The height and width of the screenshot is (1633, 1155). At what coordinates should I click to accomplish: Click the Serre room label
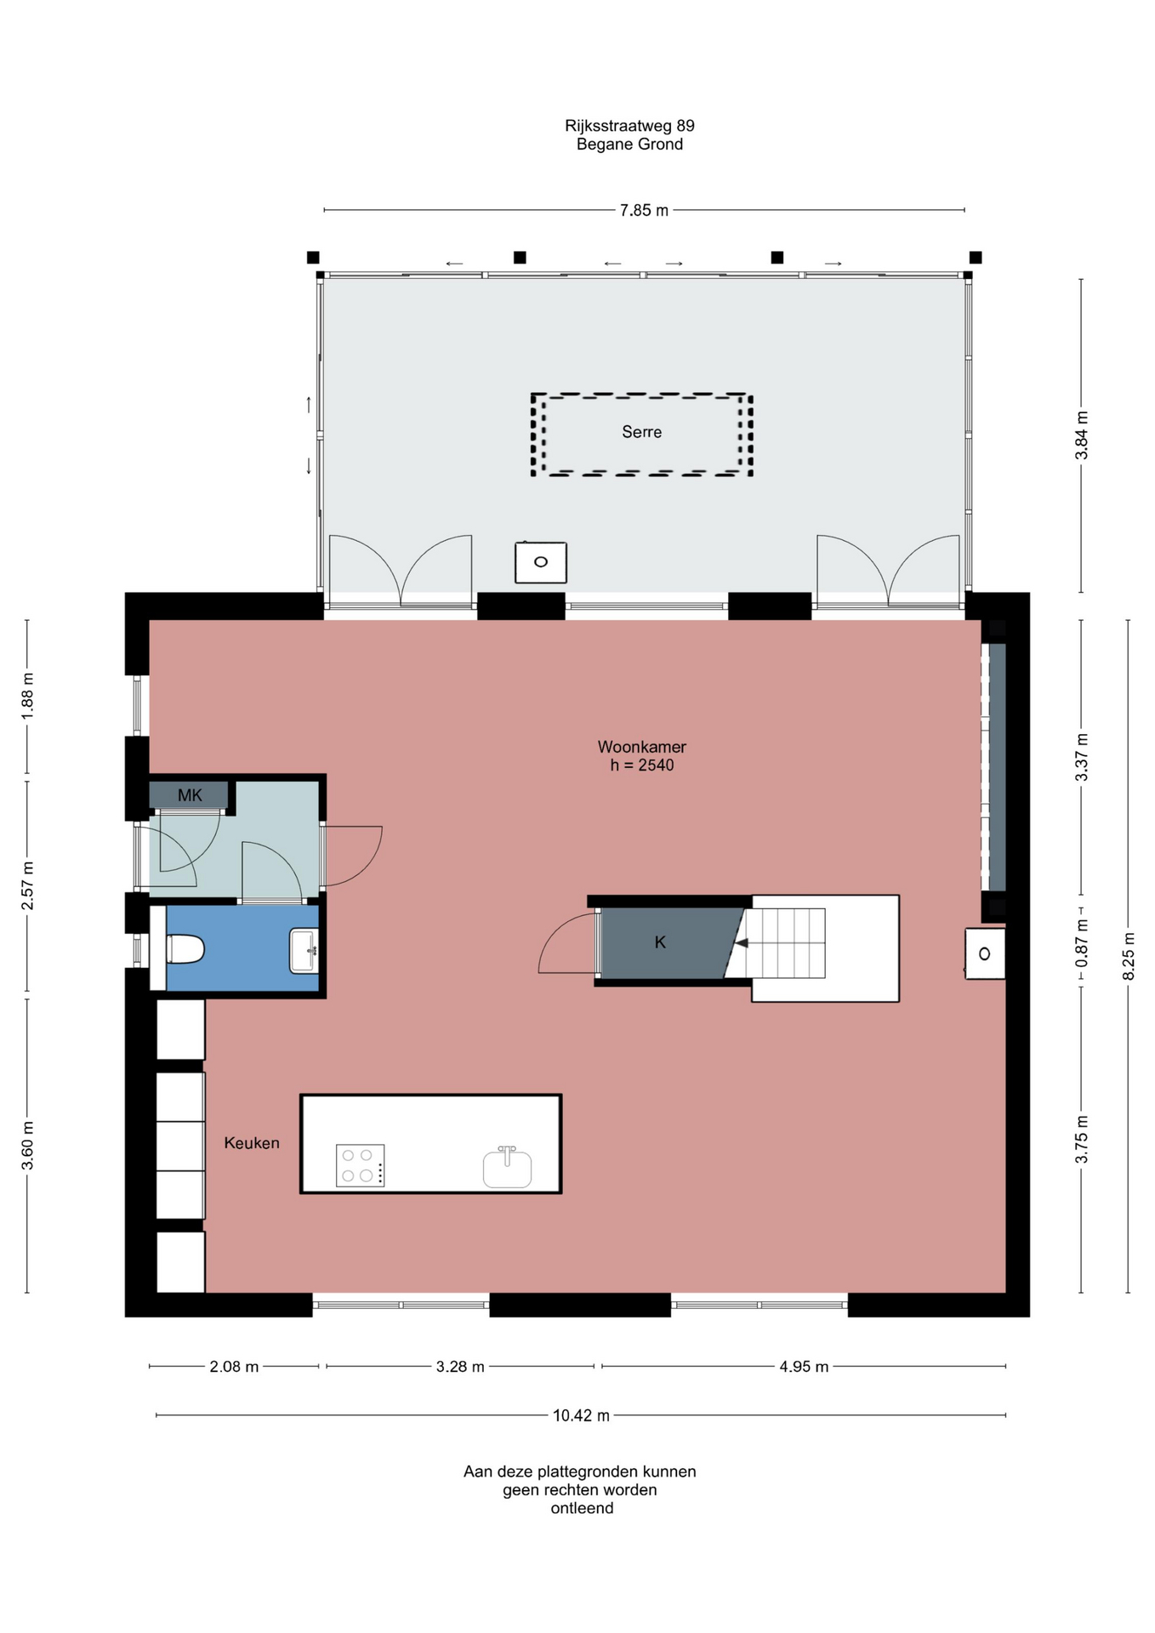tap(641, 432)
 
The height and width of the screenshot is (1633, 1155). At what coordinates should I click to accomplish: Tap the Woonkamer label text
tap(641, 747)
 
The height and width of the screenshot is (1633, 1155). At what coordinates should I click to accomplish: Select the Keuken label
tap(252, 1143)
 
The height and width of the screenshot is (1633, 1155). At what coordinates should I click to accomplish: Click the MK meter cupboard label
tap(190, 795)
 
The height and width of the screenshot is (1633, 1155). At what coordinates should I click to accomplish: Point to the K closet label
tap(660, 942)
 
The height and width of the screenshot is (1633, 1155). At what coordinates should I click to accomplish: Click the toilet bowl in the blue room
tap(185, 949)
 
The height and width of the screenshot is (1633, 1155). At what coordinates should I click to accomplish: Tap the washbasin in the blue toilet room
tap(304, 950)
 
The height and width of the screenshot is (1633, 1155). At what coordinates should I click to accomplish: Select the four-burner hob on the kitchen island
tap(360, 1165)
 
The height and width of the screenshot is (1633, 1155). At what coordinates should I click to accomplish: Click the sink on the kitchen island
tap(507, 1167)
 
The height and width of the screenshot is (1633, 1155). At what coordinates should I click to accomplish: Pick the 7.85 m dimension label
tap(644, 210)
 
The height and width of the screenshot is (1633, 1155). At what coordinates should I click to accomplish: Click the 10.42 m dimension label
tap(581, 1415)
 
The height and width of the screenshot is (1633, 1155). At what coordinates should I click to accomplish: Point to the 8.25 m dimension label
tap(1129, 956)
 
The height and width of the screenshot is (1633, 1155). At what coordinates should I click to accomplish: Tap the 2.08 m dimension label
tap(234, 1367)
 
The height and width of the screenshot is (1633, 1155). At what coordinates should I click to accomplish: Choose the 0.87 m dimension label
tap(1082, 943)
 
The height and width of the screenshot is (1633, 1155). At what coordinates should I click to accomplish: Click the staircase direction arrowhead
tap(741, 943)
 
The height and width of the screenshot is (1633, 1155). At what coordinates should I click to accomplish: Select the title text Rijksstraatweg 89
tap(629, 126)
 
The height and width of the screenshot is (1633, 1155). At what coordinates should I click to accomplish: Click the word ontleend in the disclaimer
tap(582, 1508)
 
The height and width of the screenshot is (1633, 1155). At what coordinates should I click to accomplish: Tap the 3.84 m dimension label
tap(1082, 435)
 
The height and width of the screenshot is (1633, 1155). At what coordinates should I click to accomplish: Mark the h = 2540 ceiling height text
tap(641, 765)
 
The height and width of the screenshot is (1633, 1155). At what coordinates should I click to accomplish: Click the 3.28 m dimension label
tap(460, 1367)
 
